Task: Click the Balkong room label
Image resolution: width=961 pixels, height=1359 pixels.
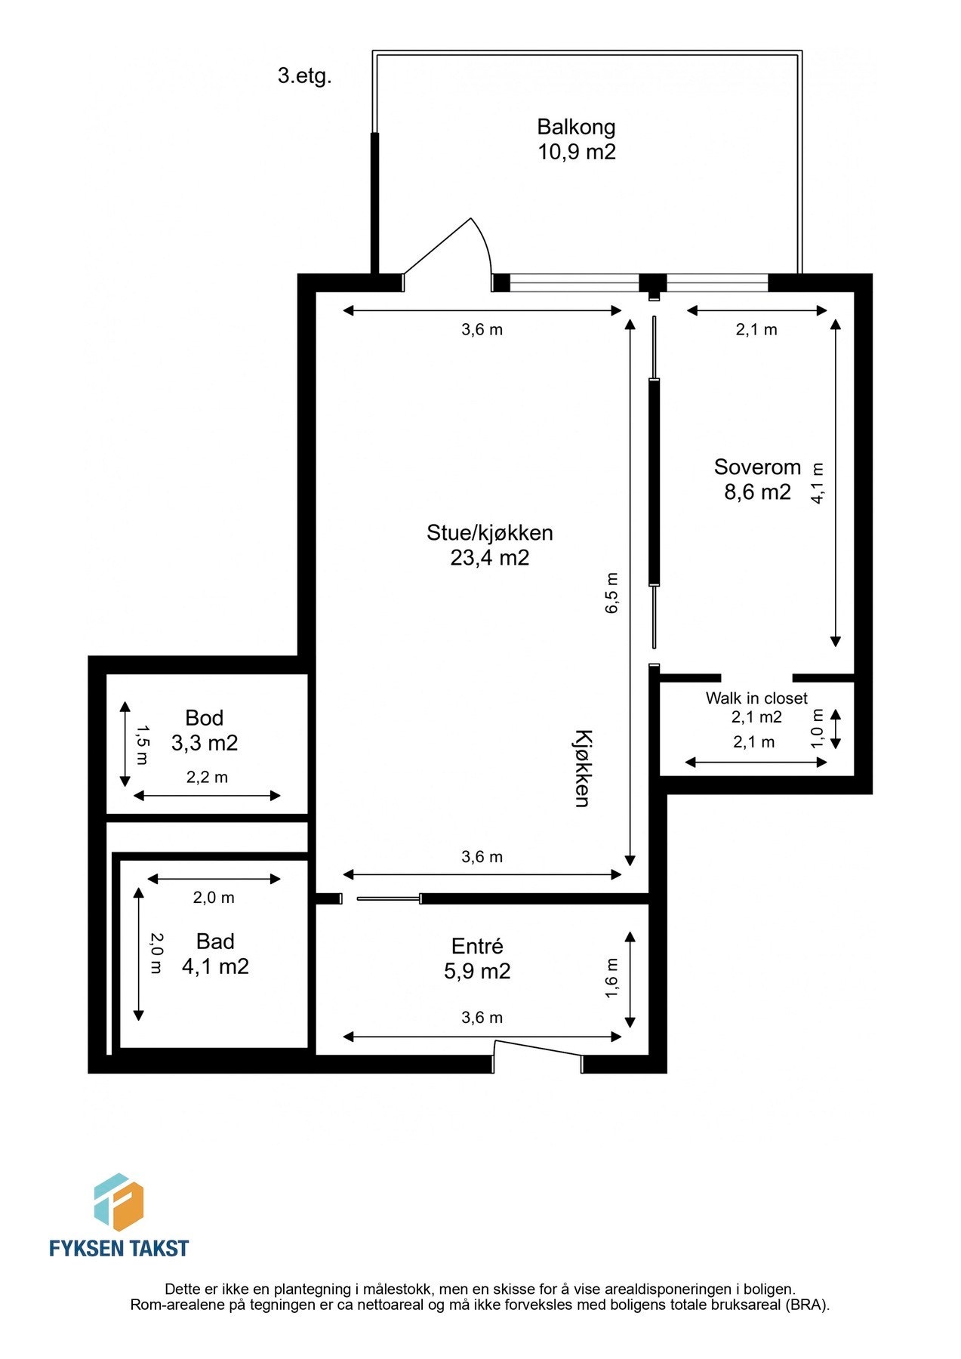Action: pyautogui.click(x=576, y=127)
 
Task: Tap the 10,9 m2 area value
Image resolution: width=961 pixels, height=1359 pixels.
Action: pyautogui.click(x=576, y=152)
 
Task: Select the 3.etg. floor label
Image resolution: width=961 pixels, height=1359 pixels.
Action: pyautogui.click(x=304, y=76)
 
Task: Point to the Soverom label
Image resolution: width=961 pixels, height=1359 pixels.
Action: pyautogui.click(x=756, y=467)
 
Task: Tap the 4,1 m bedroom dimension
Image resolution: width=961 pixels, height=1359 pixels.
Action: pyautogui.click(x=818, y=483)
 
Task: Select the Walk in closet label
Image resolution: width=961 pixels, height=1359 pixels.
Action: pyautogui.click(x=756, y=698)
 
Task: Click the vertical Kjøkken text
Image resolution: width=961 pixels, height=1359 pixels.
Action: pyautogui.click(x=582, y=768)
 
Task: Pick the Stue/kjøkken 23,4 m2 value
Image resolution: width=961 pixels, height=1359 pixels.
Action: pyautogui.click(x=489, y=558)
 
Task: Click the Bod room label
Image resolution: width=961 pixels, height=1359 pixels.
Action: pyautogui.click(x=204, y=717)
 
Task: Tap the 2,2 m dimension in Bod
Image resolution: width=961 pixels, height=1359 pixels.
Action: pyautogui.click(x=207, y=777)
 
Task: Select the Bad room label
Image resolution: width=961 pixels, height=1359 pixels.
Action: pyautogui.click(x=215, y=941)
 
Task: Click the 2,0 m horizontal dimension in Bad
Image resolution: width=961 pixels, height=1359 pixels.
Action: pyautogui.click(x=214, y=898)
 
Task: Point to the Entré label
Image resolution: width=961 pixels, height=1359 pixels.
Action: pyautogui.click(x=476, y=946)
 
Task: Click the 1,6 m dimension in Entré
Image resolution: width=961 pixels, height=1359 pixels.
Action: pyautogui.click(x=611, y=978)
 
